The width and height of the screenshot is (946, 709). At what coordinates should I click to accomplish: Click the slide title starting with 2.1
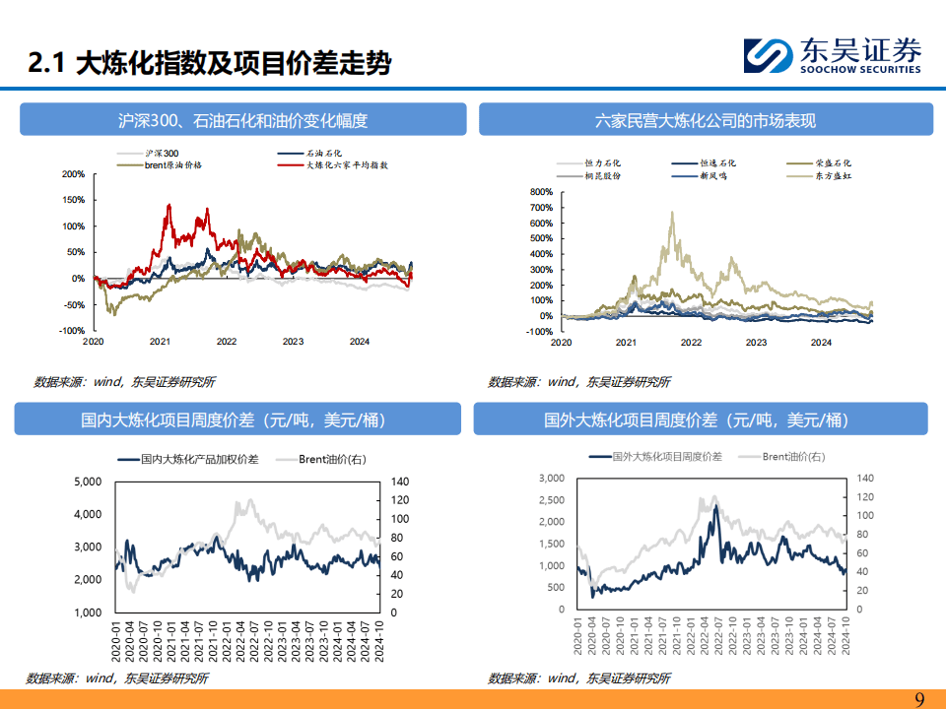209,64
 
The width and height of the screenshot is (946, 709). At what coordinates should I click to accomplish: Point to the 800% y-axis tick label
540,192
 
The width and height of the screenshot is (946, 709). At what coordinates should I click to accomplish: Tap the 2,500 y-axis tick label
551,500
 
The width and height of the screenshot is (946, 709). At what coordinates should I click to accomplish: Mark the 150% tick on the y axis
73,200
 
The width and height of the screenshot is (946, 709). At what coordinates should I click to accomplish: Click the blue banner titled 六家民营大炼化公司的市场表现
705,121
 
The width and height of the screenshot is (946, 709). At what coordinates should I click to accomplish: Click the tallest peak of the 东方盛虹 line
673,212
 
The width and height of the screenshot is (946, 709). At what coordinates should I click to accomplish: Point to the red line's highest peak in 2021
169,205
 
